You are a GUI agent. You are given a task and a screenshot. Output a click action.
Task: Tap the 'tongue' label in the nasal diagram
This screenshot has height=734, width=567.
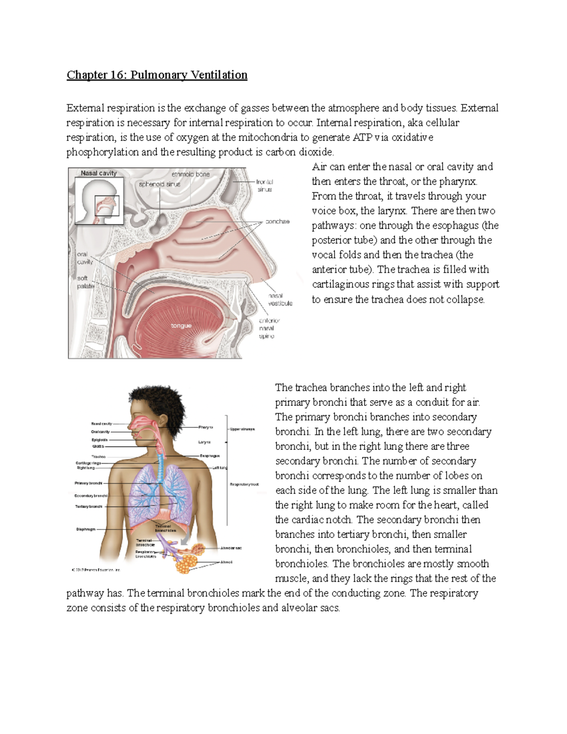coord(181,326)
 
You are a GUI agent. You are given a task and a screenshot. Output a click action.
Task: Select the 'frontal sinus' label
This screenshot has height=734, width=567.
coord(265,185)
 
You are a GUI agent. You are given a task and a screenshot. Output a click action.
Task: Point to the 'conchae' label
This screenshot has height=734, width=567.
coord(277,221)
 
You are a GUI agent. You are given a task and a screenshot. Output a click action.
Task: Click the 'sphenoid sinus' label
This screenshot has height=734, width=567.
coord(159,184)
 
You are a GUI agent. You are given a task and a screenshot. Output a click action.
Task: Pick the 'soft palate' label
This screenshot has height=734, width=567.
coord(85,282)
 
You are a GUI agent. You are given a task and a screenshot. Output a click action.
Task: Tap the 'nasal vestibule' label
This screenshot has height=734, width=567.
coord(280,299)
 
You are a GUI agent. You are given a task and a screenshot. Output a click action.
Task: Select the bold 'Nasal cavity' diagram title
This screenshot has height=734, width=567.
coord(98,173)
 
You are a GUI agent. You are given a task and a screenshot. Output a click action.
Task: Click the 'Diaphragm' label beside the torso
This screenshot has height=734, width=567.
coord(86,529)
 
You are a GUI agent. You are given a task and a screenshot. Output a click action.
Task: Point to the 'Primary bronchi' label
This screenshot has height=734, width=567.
coord(88,483)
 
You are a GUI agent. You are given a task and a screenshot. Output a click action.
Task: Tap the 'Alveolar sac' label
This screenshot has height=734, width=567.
coord(231,548)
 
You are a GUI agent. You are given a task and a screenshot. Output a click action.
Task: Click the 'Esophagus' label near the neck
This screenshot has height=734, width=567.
coord(209,456)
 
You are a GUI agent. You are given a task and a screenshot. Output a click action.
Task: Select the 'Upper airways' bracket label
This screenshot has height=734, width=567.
coord(242,429)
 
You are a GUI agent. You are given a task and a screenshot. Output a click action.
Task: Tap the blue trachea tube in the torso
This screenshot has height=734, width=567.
coord(161,468)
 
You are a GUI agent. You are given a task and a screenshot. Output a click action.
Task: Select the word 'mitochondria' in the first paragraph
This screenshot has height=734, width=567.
coord(268,137)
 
